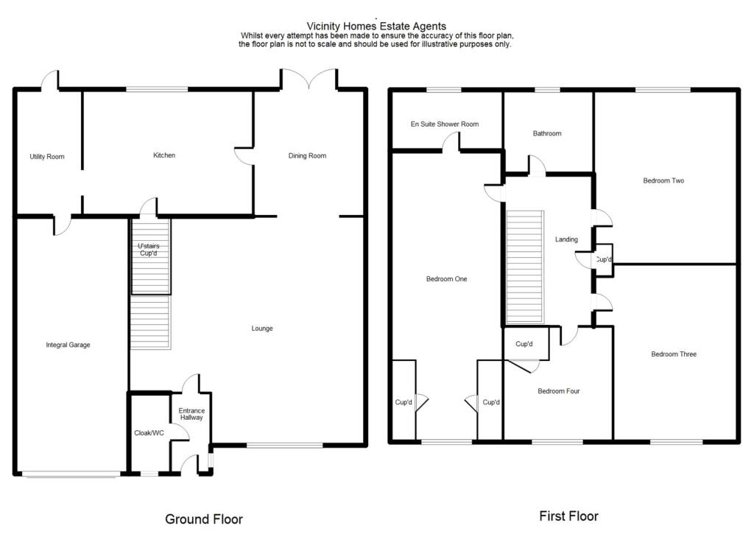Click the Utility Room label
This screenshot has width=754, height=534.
[47, 156]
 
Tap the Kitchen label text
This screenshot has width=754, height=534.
[164, 155]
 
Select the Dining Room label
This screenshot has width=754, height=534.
[307, 155]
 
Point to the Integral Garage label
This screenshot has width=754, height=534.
[68, 345]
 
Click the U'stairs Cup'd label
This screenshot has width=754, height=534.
[149, 250]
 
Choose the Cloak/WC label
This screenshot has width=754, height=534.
[149, 433]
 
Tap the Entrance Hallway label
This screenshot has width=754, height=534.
[191, 415]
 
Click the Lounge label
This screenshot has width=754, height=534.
[262, 329]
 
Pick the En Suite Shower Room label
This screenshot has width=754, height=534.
[445, 124]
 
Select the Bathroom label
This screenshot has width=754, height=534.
[547, 133]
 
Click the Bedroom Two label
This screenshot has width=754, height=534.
[663, 180]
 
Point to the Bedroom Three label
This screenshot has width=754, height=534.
[674, 354]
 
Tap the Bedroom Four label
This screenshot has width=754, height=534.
[558, 391]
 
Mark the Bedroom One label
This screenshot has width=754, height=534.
[446, 279]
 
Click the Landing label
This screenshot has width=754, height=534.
[566, 239]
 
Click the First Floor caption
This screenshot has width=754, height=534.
[568, 516]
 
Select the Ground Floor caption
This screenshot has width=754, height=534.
[204, 519]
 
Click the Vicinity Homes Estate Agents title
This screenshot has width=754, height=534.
[376, 27]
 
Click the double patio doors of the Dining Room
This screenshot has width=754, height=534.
[308, 80]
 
